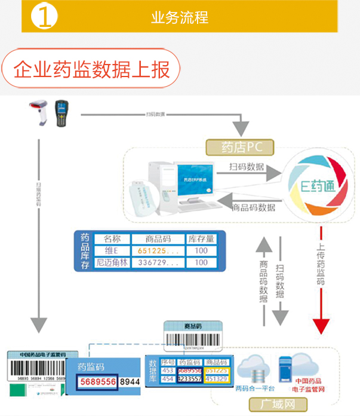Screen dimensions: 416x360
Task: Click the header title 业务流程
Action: click(x=180, y=17)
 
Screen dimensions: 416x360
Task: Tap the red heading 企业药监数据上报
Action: click(x=91, y=69)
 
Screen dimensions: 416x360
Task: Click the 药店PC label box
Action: click(x=238, y=146)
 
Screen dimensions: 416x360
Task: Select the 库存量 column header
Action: click(x=201, y=238)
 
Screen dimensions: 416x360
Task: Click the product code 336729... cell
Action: click(x=158, y=263)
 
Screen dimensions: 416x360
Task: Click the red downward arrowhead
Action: click(x=322, y=326)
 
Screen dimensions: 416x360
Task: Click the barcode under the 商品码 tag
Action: click(x=194, y=338)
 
